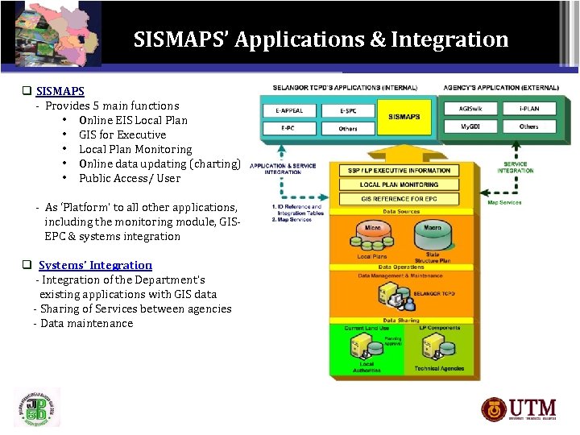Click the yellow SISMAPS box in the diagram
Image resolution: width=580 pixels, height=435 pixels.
tap(404, 118)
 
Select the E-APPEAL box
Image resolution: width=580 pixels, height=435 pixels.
tap(288, 109)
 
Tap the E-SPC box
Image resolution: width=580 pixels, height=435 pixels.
tap(348, 109)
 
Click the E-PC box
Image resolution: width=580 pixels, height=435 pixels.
tap(288, 127)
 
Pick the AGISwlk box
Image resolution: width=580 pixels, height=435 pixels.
tap(470, 109)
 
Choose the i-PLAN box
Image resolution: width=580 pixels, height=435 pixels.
tap(528, 109)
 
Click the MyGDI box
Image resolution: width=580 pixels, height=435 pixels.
tap(470, 126)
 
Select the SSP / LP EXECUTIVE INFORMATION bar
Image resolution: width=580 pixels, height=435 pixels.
tap(399, 171)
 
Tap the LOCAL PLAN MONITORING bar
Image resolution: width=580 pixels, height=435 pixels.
tap(399, 184)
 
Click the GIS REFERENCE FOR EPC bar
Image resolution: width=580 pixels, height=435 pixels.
tap(399, 198)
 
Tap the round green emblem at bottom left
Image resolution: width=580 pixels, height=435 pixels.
tap(36, 408)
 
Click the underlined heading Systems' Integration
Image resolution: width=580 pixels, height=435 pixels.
tap(95, 265)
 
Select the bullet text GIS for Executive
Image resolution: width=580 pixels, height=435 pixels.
tap(122, 135)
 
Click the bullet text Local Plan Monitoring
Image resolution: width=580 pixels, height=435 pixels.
tap(135, 149)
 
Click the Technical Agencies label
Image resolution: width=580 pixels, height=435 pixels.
tap(438, 368)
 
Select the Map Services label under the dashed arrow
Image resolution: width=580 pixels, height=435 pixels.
tap(504, 202)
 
